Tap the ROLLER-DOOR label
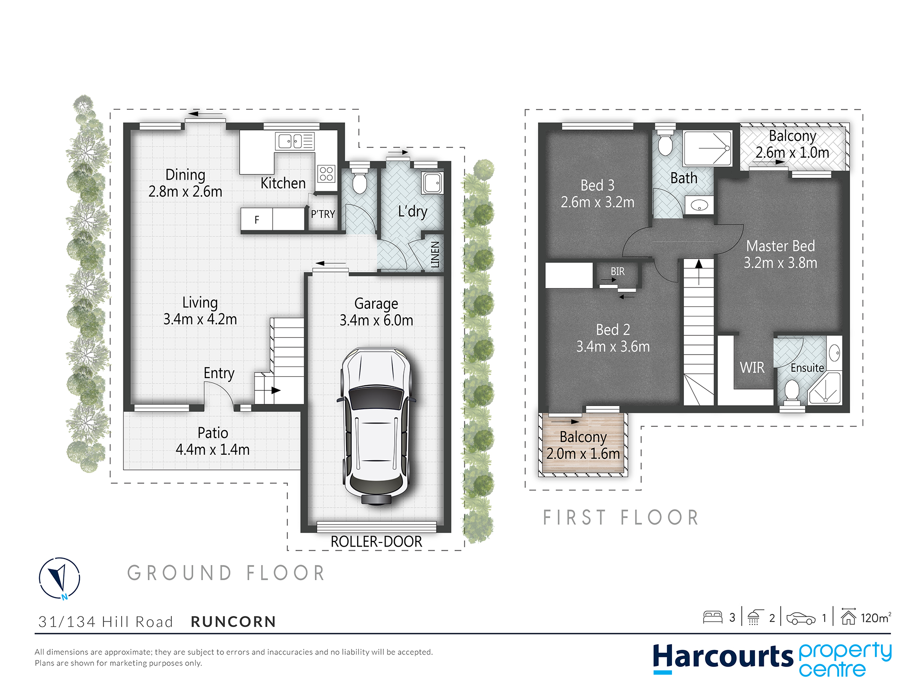[x=376, y=542]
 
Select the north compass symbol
[x=60, y=578]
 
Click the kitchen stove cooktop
[x=326, y=174]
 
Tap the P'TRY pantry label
[x=323, y=214]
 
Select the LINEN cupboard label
[x=435, y=254]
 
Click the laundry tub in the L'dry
[x=432, y=183]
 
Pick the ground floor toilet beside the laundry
[x=360, y=180]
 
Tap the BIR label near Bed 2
[x=618, y=271]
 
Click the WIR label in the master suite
[x=752, y=367]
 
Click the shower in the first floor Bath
[x=707, y=148]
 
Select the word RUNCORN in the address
[x=234, y=622]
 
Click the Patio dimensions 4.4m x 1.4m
[x=213, y=450]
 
